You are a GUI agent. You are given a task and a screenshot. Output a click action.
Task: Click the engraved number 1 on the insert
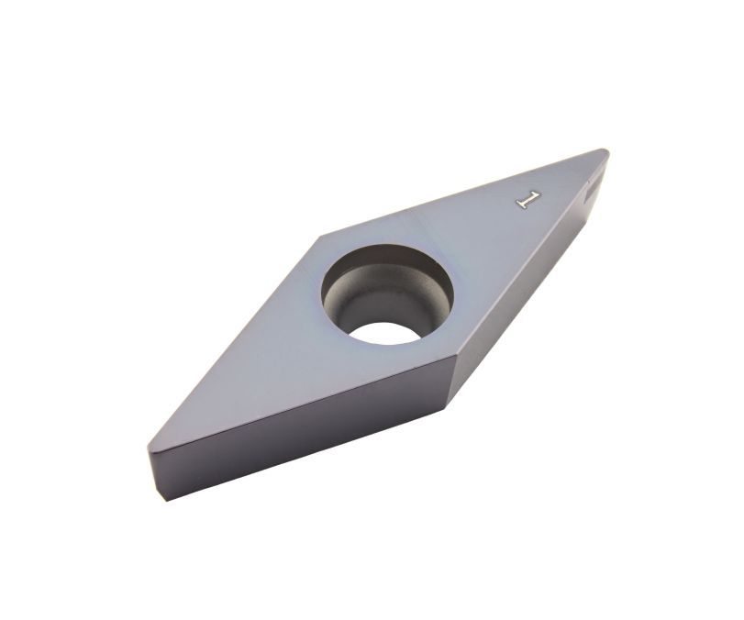(528, 200)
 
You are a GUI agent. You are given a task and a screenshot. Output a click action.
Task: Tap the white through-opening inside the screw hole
(383, 333)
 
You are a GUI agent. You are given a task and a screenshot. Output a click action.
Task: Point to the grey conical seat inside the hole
(380, 304)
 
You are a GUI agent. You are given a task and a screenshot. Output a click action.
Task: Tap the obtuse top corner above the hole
(321, 236)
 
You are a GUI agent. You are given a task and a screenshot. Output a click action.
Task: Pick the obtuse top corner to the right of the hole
(457, 354)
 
